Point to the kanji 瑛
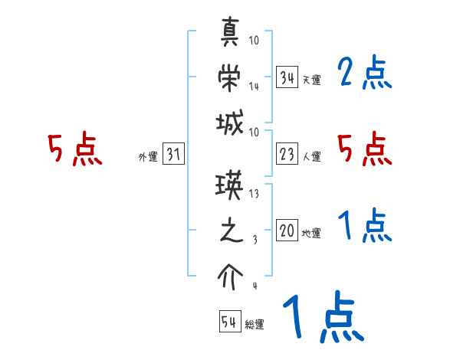[232, 187]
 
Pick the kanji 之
[231, 231]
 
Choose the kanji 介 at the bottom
[231, 273]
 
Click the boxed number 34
[287, 77]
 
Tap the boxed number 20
[287, 231]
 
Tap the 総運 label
[255, 325]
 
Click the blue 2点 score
[364, 74]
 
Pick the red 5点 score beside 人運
[364, 149]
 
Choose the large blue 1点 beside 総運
[322, 318]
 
